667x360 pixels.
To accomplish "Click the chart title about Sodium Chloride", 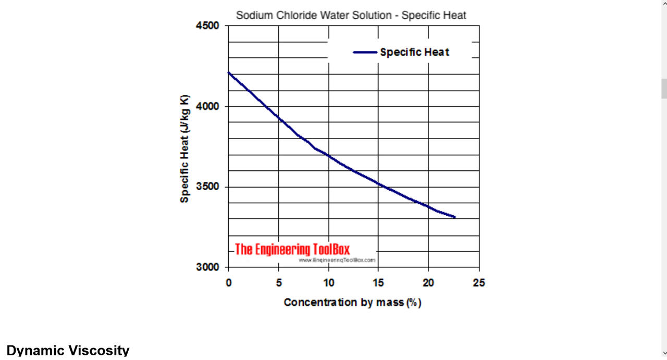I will click(x=351, y=15).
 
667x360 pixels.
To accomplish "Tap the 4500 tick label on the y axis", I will click(x=207, y=26).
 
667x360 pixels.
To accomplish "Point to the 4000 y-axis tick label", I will click(x=207, y=106).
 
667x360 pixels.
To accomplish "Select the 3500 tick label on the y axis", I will click(x=207, y=187).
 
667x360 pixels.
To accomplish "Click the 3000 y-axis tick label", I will click(x=207, y=267).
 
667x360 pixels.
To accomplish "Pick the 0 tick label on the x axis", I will click(x=229, y=283).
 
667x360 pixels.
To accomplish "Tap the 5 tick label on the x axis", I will click(x=279, y=283).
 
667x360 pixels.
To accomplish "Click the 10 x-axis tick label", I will click(x=329, y=283).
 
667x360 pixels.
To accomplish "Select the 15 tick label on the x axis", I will click(x=379, y=283).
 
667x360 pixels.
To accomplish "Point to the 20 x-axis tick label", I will click(x=428, y=283).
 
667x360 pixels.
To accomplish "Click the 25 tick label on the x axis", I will click(x=478, y=283).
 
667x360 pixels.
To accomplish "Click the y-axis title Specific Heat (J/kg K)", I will click(x=184, y=149).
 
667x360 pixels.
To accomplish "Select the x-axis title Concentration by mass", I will click(x=352, y=302).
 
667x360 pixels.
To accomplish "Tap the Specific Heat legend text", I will click(x=414, y=52).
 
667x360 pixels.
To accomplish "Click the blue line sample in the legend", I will click(x=365, y=52).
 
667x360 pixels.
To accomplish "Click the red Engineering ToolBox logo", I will click(x=292, y=249).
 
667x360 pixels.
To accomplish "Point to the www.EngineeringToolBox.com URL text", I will click(x=337, y=259).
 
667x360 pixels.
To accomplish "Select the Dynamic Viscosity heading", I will click(x=68, y=351).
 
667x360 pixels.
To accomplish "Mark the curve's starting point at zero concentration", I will click(x=229, y=72).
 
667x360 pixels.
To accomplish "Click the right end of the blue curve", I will click(x=454, y=217).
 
